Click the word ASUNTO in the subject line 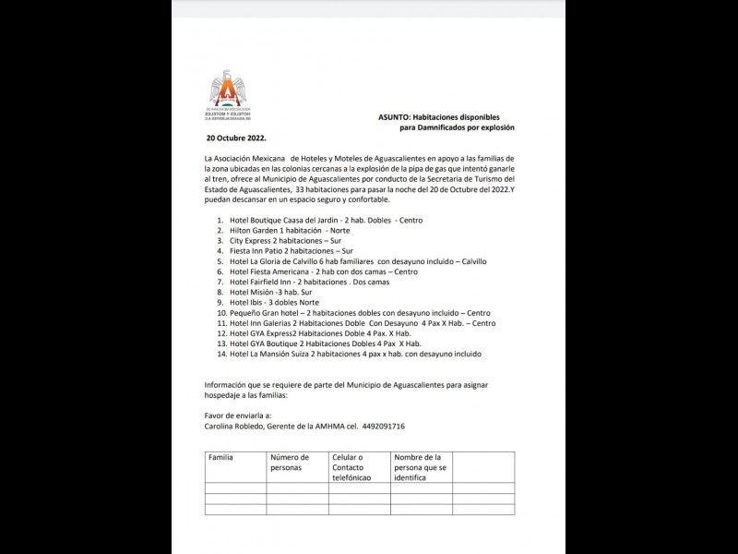pos(398,117)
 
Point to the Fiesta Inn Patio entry pos(285,250)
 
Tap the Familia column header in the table pos(221,457)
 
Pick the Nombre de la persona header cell pos(421,467)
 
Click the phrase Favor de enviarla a pos(235,416)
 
